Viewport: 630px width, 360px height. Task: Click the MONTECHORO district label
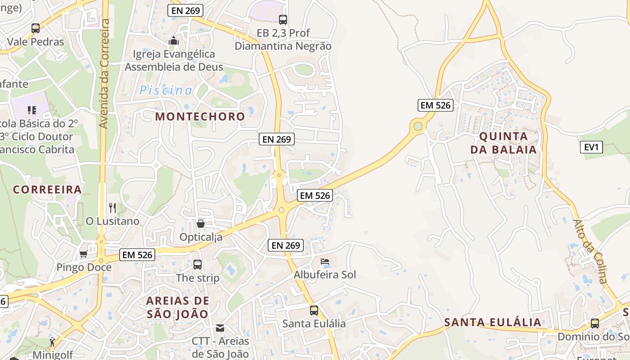click(200, 117)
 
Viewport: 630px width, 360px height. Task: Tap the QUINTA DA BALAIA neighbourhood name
click(504, 143)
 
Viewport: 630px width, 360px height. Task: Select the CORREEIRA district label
click(47, 189)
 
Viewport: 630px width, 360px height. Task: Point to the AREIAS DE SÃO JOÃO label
click(178, 307)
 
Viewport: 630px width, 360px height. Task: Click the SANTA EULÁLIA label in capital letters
click(493, 322)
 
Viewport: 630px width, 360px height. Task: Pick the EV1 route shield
click(591, 147)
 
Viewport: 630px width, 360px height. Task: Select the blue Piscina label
click(166, 90)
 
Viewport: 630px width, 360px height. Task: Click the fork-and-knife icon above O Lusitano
click(112, 208)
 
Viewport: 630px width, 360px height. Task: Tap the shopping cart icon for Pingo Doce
click(83, 254)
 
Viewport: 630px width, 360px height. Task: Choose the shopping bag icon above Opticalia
click(201, 223)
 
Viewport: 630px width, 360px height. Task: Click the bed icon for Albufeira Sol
click(324, 261)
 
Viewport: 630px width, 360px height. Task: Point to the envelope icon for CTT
click(220, 328)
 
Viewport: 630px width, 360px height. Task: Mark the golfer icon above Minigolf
click(53, 342)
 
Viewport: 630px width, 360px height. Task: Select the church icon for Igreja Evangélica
click(173, 41)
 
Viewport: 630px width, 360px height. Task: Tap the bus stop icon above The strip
click(198, 265)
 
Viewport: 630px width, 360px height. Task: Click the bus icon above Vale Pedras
click(36, 28)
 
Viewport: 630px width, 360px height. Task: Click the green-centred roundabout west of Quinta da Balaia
click(418, 126)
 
